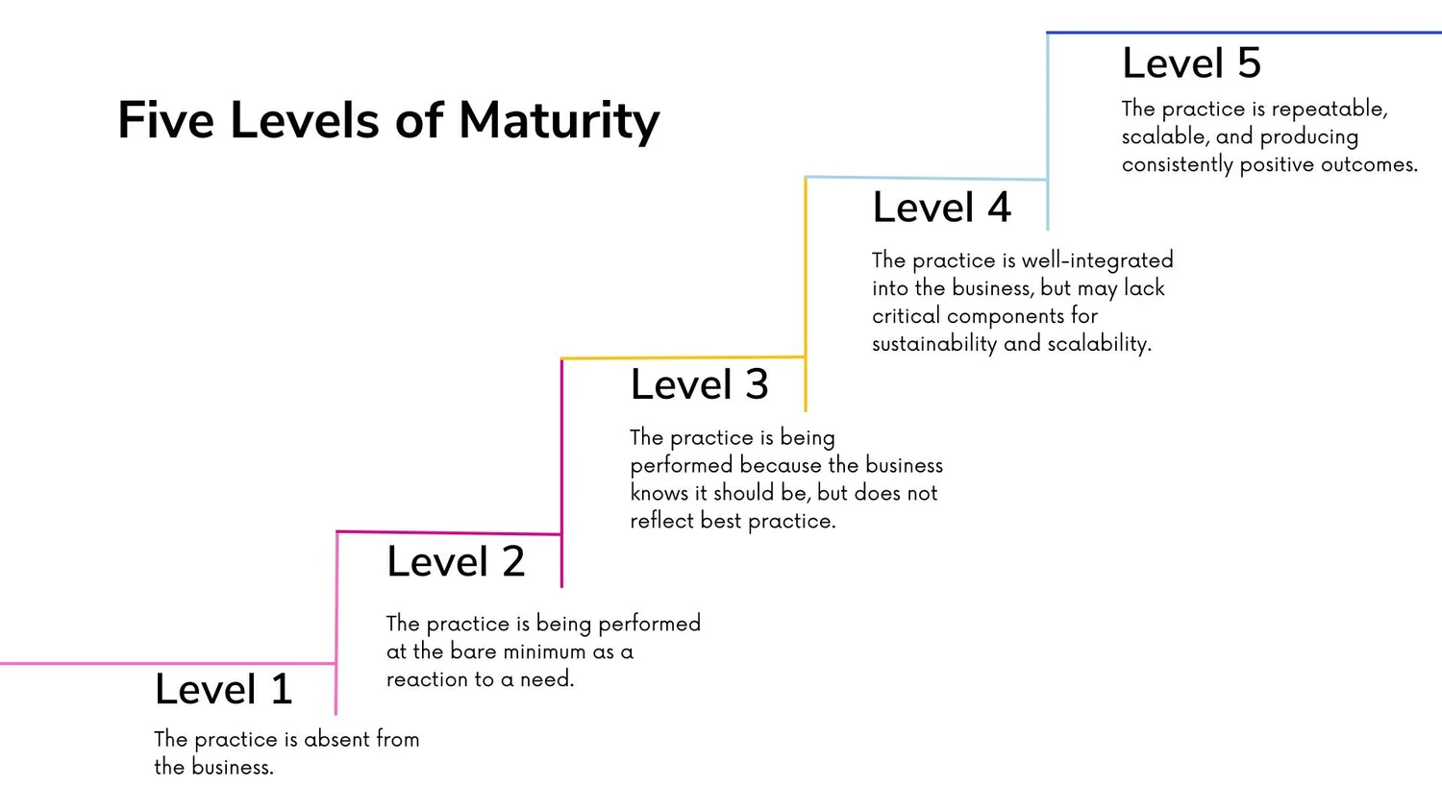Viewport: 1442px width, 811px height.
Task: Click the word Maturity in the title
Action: (x=559, y=122)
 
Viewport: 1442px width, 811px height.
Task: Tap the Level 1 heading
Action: (x=223, y=690)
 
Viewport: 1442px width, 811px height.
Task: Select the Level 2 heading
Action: (x=456, y=562)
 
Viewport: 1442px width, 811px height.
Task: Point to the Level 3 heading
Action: (x=699, y=385)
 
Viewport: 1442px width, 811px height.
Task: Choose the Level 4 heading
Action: (x=941, y=209)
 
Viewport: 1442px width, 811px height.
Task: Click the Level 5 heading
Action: (x=1191, y=64)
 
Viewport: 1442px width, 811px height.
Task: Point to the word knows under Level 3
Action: (x=654, y=494)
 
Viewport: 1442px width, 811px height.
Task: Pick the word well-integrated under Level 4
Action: (x=1097, y=260)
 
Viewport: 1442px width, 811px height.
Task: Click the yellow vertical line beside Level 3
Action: (x=806, y=288)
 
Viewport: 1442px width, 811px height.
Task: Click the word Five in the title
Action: (x=165, y=122)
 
